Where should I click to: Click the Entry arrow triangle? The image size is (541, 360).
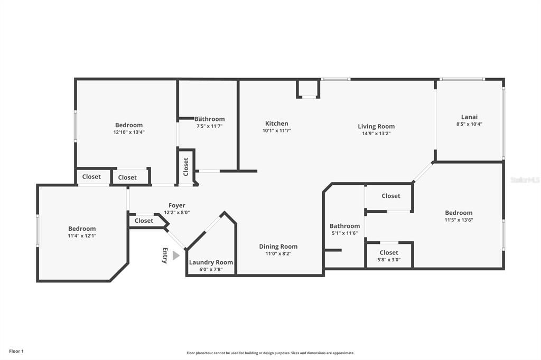176,255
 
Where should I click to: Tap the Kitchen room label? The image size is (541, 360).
277,124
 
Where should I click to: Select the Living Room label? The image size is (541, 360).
376,127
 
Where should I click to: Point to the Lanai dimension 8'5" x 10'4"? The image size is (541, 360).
469,124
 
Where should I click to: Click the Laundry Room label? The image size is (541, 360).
211,262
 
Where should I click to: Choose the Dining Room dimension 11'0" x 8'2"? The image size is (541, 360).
278,254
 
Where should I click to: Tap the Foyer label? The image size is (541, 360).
177,205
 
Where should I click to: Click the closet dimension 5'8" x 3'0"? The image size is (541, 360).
389,260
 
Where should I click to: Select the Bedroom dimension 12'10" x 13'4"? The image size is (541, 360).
129,132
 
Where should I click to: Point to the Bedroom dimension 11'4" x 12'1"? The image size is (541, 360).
82,236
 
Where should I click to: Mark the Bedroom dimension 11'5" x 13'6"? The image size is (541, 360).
459,220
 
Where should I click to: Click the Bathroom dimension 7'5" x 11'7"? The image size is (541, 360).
209,126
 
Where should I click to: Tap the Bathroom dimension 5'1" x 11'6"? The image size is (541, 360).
344,233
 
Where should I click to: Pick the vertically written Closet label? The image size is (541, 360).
186,167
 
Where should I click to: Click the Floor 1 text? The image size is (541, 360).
16,352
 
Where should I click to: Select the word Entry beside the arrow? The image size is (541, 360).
165,255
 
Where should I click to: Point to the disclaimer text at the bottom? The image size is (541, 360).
270,353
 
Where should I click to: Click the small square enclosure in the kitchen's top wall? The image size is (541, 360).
308,89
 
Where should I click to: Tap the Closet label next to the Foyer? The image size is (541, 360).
144,221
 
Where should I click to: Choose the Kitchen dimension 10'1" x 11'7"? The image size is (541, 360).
277,131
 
